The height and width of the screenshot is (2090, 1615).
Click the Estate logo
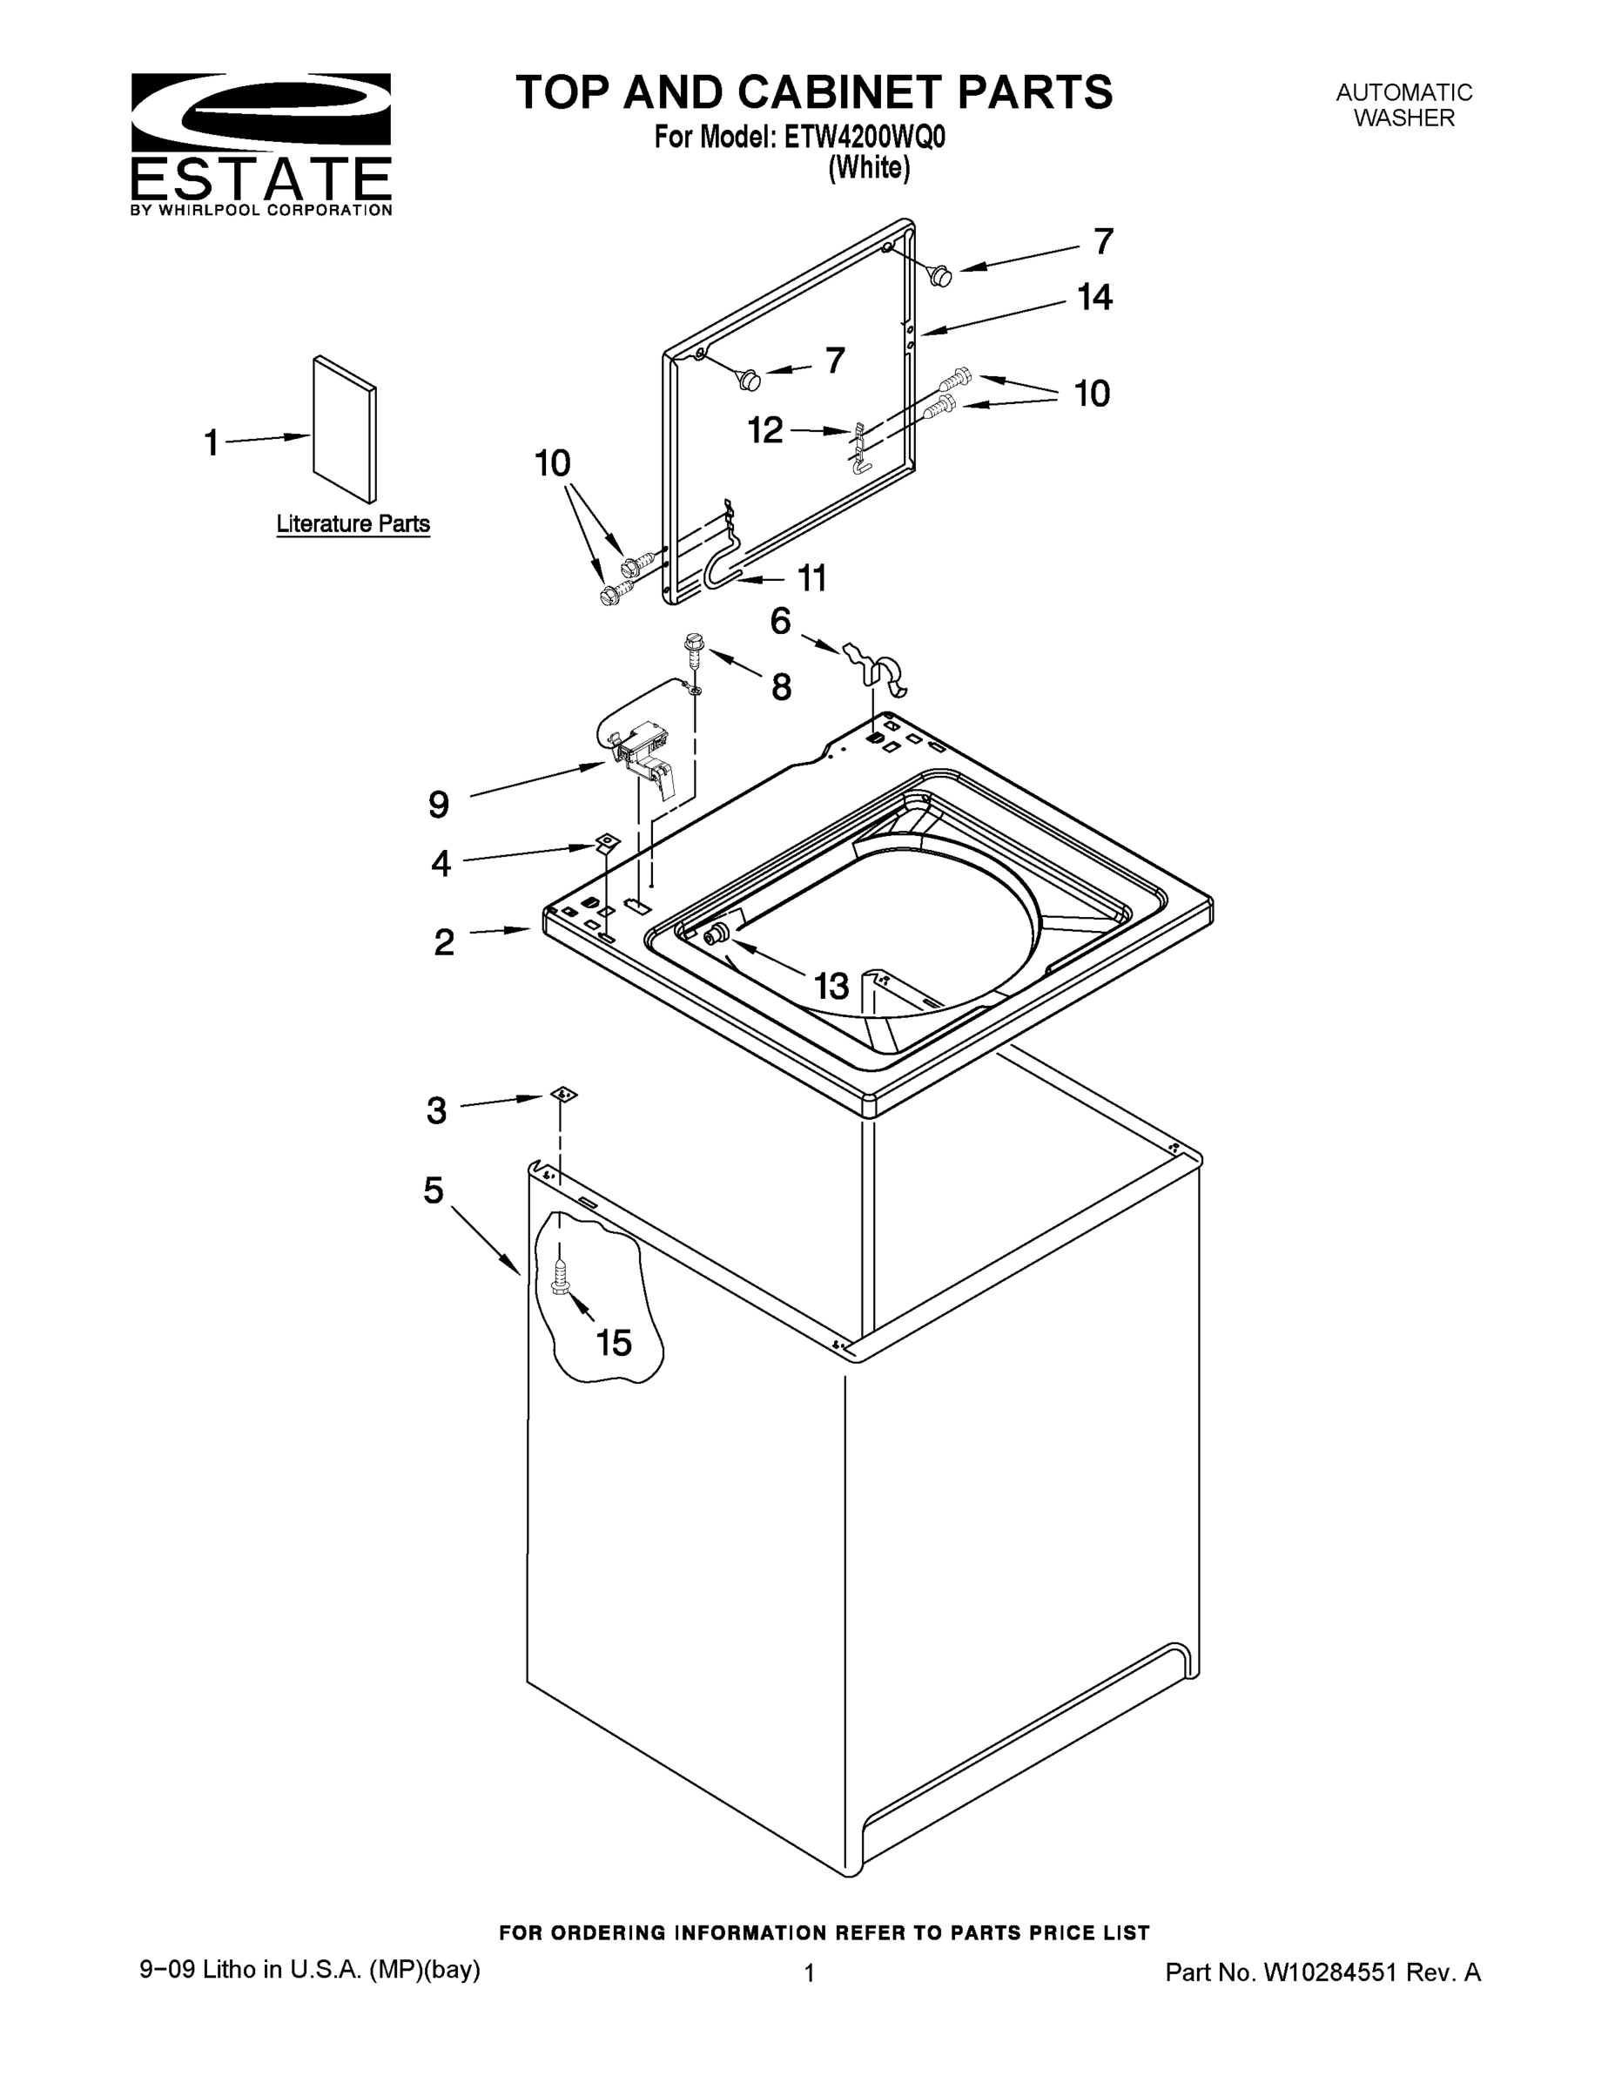[x=261, y=144]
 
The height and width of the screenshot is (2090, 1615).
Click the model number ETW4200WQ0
[x=864, y=138]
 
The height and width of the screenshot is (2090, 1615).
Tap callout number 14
[x=1094, y=298]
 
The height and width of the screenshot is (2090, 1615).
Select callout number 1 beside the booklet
[x=212, y=443]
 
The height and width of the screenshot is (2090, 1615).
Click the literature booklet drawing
[x=345, y=429]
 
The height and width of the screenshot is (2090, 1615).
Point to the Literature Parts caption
[x=353, y=523]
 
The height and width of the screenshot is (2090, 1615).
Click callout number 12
[x=764, y=431]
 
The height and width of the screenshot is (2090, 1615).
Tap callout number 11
[x=811, y=578]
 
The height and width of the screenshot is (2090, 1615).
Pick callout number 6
[x=781, y=622]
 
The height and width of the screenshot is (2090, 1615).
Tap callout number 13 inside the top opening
[x=831, y=986]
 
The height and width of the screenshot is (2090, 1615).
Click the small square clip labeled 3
[x=563, y=1095]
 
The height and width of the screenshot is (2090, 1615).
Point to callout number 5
[x=434, y=1191]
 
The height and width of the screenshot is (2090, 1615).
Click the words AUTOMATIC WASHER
[x=1403, y=105]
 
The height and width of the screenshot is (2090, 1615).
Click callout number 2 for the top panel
[x=444, y=942]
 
